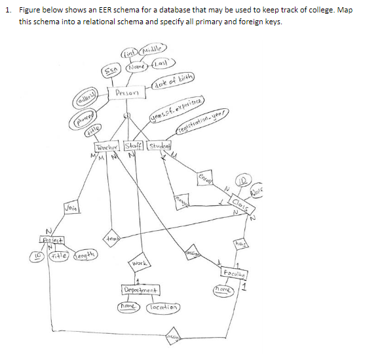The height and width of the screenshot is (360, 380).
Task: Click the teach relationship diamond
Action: (x=109, y=241)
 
